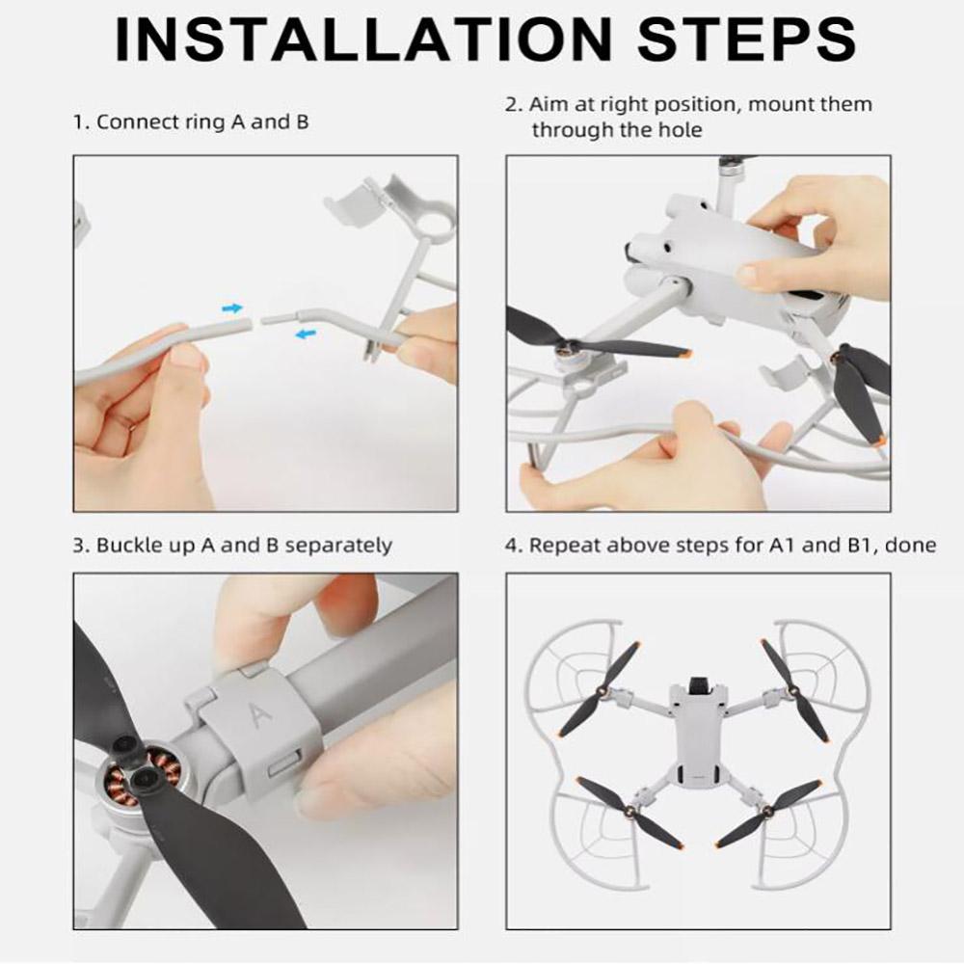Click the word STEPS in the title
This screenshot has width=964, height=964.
click(x=747, y=39)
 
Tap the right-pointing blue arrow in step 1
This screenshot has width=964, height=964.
click(x=232, y=308)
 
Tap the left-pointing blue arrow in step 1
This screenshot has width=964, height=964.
click(x=306, y=334)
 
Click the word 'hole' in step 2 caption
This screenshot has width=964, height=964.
click(x=680, y=130)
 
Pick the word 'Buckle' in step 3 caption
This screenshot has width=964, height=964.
click(x=130, y=546)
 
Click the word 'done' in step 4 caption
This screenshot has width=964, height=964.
click(x=910, y=546)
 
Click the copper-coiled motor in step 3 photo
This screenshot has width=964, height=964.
click(x=130, y=777)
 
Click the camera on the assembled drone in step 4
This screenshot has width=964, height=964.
click(x=697, y=684)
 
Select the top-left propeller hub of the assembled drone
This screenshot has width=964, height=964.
click(x=602, y=692)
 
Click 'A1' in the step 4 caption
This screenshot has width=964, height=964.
click(x=782, y=546)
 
